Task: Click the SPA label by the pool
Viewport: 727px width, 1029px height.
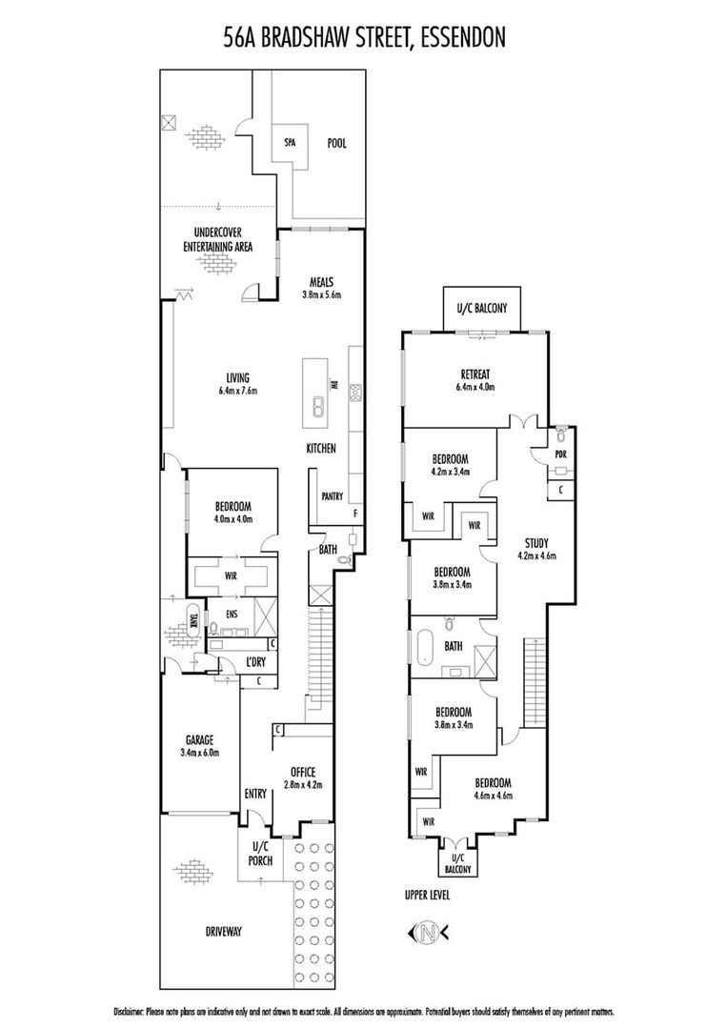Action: [290, 142]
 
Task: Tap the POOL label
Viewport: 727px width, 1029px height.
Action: [336, 143]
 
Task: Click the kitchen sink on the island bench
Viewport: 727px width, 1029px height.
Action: [316, 408]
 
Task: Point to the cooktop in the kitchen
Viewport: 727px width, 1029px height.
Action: [356, 393]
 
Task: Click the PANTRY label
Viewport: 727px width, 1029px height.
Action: [332, 496]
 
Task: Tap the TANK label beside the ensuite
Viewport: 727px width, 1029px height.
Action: [192, 620]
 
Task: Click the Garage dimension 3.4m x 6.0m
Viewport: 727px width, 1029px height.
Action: [199, 753]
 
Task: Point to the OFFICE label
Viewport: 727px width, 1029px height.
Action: [303, 773]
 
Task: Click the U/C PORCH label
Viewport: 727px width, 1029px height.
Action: [260, 855]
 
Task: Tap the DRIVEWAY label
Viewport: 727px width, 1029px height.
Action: [224, 931]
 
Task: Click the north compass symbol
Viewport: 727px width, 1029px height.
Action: [429, 931]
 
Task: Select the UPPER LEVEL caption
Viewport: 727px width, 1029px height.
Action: [428, 895]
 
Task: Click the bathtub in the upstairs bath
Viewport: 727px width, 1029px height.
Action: [422, 646]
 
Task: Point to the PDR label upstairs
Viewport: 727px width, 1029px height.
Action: [560, 454]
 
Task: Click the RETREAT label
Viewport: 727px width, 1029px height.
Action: [475, 374]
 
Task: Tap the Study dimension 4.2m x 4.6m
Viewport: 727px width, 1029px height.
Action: [536, 555]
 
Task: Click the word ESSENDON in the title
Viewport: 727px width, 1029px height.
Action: [463, 38]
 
